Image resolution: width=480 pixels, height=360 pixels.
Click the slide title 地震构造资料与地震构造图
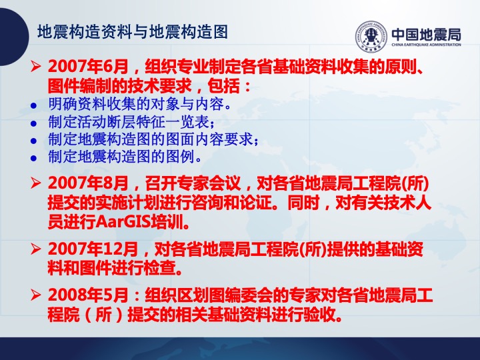[x=133, y=32]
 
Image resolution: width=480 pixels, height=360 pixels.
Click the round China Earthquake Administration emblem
[x=371, y=36]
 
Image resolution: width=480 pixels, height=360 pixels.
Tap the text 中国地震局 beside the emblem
[x=426, y=35]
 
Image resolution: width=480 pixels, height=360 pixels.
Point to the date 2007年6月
[x=88, y=67]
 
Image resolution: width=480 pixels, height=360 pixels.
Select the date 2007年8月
[x=88, y=183]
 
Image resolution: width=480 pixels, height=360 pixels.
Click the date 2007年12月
[x=93, y=249]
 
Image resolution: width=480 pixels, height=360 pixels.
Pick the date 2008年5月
[x=88, y=295]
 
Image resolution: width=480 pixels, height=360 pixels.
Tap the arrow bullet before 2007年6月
[x=35, y=66]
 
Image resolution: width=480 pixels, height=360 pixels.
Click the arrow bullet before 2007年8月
[x=35, y=183]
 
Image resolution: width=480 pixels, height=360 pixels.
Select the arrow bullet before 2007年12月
[x=35, y=249]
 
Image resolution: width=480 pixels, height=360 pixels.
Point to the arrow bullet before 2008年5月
[x=35, y=295]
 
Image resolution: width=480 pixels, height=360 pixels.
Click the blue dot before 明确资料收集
[x=33, y=106]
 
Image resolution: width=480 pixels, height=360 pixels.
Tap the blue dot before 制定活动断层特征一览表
[x=33, y=124]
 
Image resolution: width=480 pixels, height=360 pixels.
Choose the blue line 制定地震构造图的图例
[x=125, y=157]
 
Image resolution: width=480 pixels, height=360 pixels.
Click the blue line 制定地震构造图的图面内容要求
[x=153, y=139]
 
